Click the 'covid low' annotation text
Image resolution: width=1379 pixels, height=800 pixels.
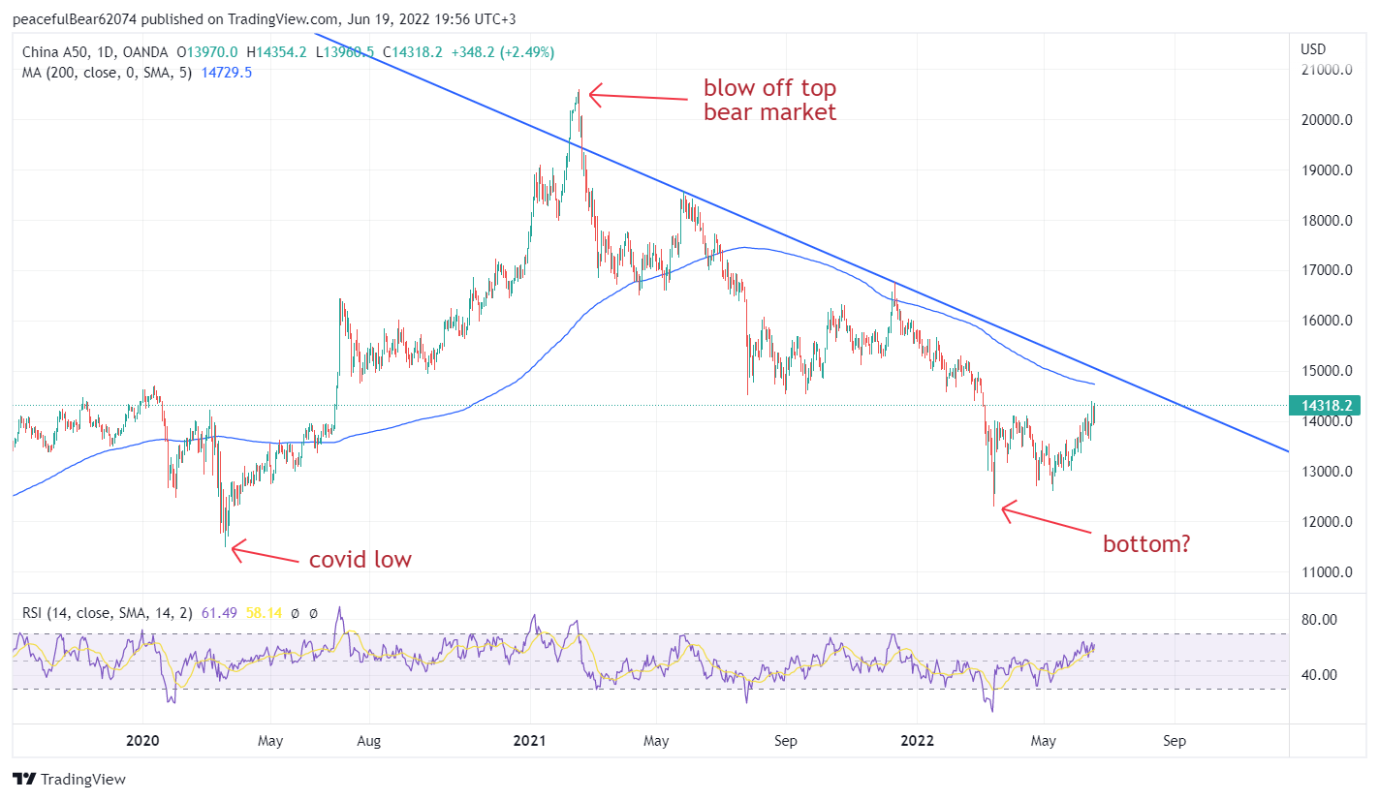(x=360, y=560)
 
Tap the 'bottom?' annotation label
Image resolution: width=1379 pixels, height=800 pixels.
(x=1146, y=544)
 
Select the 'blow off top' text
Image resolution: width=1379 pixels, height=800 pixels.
(x=769, y=88)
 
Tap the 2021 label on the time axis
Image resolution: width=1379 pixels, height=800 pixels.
(x=530, y=742)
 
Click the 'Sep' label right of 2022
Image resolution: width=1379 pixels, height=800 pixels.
(x=1174, y=742)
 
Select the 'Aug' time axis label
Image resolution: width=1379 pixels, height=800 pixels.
(x=368, y=742)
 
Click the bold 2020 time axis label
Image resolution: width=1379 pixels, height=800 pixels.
(x=141, y=742)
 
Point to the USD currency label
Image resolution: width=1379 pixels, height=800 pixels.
(x=1313, y=49)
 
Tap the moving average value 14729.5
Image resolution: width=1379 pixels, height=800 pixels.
(x=226, y=73)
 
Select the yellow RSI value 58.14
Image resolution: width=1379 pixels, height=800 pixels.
(x=259, y=612)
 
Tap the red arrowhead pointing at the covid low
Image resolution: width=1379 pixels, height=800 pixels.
(x=234, y=549)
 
